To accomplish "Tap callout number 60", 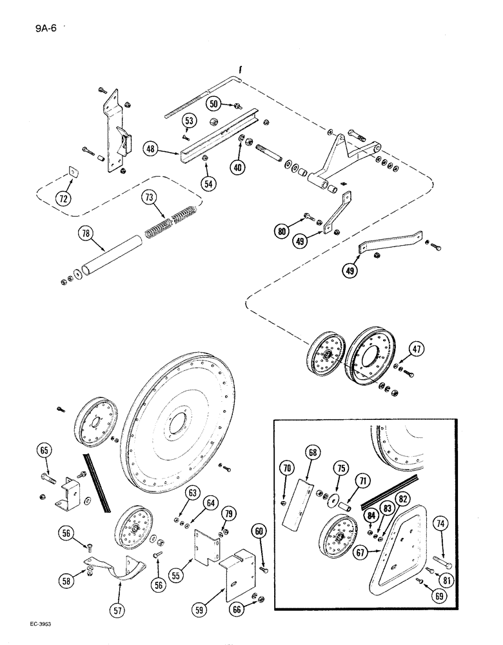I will (x=259, y=531).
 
